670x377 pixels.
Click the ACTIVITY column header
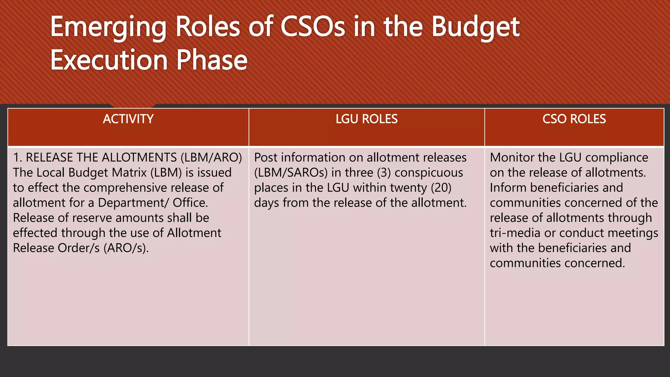pyautogui.click(x=128, y=119)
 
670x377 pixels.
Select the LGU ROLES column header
pyautogui.click(x=366, y=119)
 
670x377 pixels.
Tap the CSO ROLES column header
pyautogui.click(x=574, y=119)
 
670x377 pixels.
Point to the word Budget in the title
pyautogui.click(x=475, y=27)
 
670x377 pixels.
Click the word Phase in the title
pyautogui.click(x=212, y=60)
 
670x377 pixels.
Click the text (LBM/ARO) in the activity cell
pyautogui.click(x=211, y=158)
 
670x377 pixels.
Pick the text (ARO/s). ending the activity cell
pyautogui.click(x=126, y=248)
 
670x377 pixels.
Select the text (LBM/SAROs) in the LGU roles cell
pyautogui.click(x=291, y=173)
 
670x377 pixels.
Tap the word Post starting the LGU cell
pyautogui.click(x=266, y=158)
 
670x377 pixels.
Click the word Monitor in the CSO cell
pyautogui.click(x=512, y=158)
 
